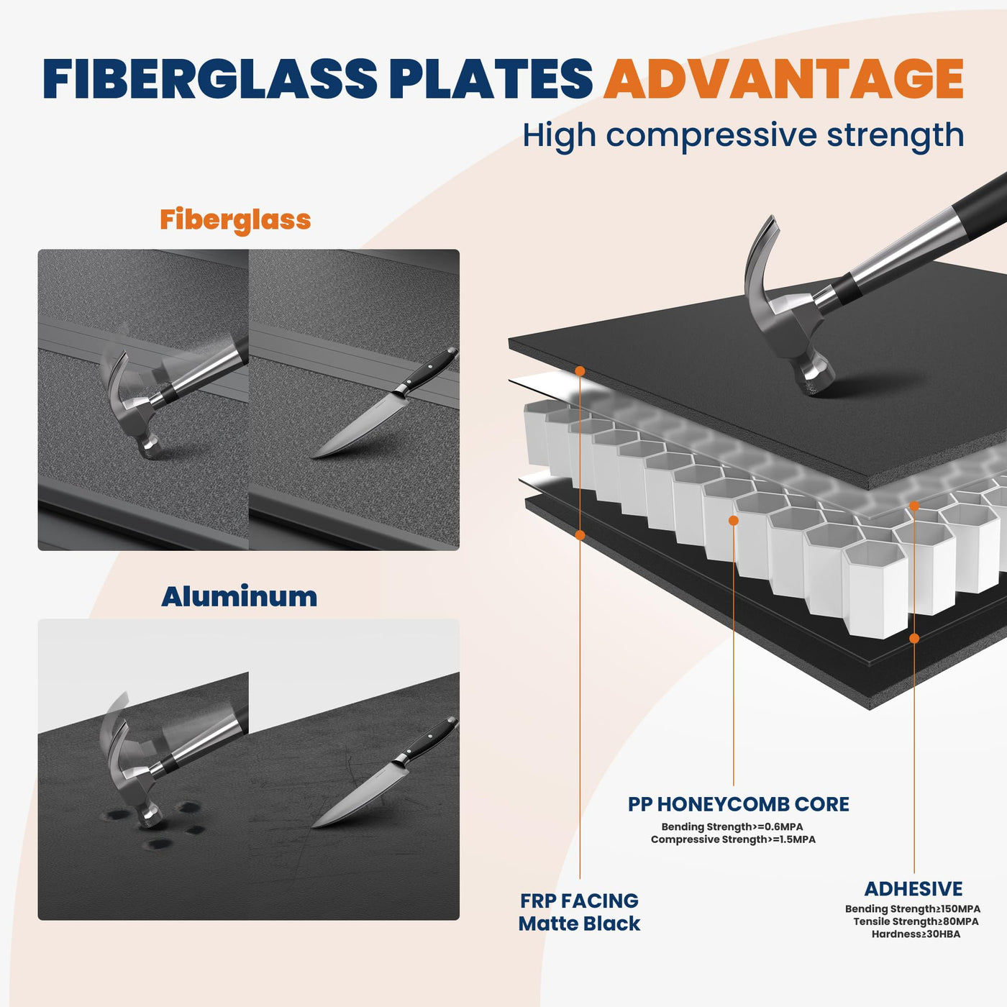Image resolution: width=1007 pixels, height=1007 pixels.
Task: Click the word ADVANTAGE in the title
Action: click(x=783, y=78)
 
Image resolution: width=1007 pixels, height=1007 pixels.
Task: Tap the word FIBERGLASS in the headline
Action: click(x=210, y=78)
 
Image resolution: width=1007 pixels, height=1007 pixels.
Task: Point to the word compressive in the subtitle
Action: click(x=711, y=136)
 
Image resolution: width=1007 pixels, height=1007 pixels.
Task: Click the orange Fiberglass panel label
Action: click(x=235, y=220)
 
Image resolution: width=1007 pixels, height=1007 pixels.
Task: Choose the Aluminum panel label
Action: click(x=240, y=596)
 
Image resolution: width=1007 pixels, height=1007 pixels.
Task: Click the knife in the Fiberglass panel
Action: click(x=385, y=402)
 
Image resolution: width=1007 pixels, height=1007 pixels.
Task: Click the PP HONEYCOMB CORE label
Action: click(x=739, y=804)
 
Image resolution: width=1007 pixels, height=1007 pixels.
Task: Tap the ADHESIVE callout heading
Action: click(x=913, y=888)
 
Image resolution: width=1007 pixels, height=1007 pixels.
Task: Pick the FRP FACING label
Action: click(x=579, y=901)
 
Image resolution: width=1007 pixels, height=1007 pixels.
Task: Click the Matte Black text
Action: click(x=579, y=924)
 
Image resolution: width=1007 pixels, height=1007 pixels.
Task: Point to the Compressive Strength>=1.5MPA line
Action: click(x=733, y=839)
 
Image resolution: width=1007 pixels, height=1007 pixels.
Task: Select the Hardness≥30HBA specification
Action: click(x=916, y=934)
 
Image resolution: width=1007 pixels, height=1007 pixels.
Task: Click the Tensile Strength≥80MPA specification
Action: click(x=916, y=921)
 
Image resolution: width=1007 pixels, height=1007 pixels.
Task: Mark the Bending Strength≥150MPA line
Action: click(x=913, y=908)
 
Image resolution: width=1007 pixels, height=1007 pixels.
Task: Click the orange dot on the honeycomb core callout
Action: click(x=733, y=521)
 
